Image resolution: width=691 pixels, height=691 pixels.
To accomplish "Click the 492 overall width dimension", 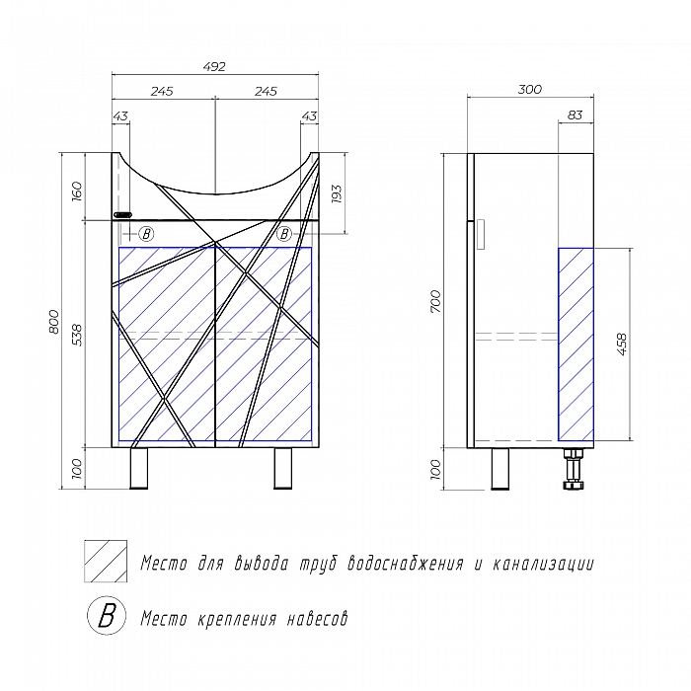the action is (214, 67).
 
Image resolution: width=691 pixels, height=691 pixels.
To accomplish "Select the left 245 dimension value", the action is (162, 91).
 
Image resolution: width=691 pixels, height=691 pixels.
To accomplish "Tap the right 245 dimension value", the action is (266, 91).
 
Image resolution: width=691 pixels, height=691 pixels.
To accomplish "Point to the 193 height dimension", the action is (336, 193).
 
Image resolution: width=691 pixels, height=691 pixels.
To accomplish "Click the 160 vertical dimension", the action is (76, 191).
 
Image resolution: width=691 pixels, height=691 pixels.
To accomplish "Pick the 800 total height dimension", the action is (53, 322).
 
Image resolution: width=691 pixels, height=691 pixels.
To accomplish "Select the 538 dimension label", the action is (77, 335).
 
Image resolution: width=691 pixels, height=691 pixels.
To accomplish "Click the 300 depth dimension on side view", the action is (529, 90).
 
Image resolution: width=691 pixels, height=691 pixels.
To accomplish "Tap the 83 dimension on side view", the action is (575, 115).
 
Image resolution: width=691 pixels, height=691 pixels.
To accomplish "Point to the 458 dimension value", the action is (622, 345).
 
